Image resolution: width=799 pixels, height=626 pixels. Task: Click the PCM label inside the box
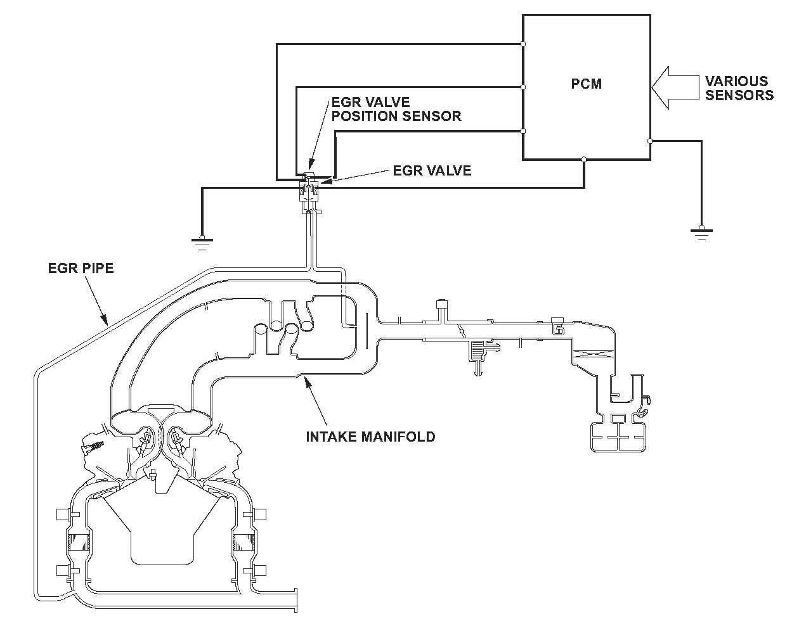587,83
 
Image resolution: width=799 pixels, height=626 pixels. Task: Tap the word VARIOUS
737,82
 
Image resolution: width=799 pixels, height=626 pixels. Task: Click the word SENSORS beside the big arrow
739,96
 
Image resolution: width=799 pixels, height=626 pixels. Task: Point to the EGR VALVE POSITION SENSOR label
396,109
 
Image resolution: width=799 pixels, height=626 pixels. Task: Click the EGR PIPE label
81,268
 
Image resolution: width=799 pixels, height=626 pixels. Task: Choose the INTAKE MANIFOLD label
370,437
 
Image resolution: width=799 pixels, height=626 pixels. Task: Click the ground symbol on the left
202,240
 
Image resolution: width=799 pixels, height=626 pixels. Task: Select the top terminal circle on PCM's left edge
523,44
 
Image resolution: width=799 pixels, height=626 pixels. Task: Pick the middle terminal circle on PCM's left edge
523,87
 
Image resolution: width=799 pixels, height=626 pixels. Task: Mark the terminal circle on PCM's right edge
650,141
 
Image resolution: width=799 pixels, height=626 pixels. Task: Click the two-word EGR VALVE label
432,170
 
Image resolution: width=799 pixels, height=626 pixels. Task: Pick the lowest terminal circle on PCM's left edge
523,131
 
